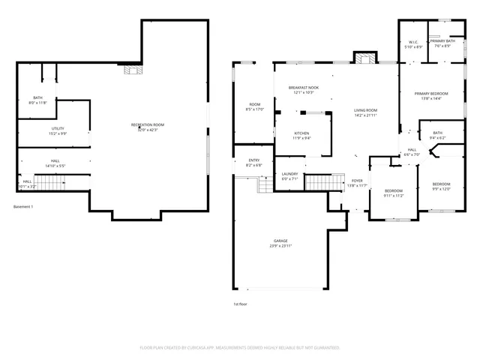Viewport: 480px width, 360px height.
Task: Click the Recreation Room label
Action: click(148, 127)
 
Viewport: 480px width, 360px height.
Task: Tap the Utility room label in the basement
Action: click(58, 131)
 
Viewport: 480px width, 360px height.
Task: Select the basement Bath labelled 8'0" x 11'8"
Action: click(38, 100)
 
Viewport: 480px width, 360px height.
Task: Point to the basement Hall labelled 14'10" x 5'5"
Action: click(55, 163)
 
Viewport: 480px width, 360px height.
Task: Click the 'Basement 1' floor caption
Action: click(23, 206)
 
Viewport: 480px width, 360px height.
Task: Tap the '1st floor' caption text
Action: click(241, 304)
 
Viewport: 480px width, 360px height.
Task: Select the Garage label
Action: click(280, 244)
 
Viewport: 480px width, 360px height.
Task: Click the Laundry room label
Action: click(289, 176)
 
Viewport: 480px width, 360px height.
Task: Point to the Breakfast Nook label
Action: click(304, 90)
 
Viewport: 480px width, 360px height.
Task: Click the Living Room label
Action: click(365, 112)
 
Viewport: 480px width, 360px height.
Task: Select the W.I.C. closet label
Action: click(413, 44)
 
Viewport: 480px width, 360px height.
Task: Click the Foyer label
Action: click(358, 183)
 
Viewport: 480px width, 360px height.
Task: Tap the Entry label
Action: click(254, 163)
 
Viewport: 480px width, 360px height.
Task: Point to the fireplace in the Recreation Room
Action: click(133, 70)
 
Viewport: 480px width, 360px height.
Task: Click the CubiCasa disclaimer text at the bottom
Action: click(240, 348)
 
